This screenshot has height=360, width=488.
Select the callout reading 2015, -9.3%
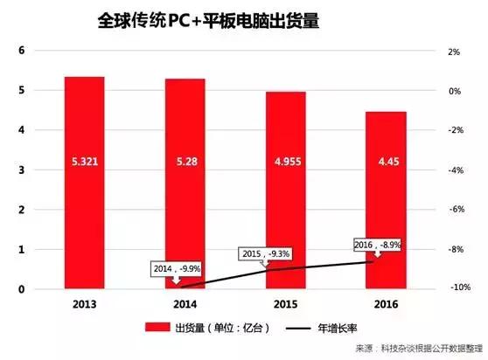pyautogui.click(x=265, y=254)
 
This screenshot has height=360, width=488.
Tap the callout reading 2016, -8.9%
pyautogui.click(x=377, y=246)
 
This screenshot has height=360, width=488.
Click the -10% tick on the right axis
pyautogui.click(x=451, y=287)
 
